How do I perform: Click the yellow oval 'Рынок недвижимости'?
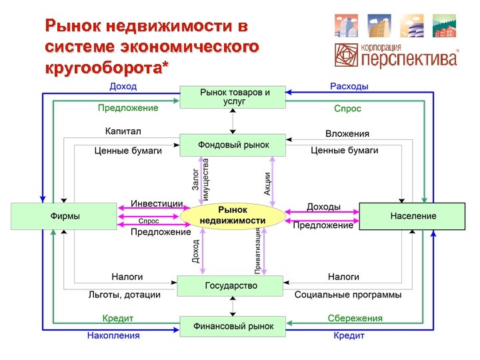233,215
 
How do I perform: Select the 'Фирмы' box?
65,216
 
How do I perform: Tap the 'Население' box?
413,216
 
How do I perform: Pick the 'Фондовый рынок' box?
233,145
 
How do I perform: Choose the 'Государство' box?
231,286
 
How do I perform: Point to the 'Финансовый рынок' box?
233,326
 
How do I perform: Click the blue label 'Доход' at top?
123,86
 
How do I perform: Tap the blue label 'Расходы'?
349,86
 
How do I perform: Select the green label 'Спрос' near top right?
347,108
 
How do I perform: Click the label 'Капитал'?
123,132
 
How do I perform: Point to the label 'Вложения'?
347,134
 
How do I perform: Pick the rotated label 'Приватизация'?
257,250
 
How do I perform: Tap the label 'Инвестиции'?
157,203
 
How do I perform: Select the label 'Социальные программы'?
348,295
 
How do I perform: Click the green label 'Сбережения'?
355,318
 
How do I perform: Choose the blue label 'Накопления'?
113,335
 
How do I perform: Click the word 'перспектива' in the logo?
409,59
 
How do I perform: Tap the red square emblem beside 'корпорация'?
347,55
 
